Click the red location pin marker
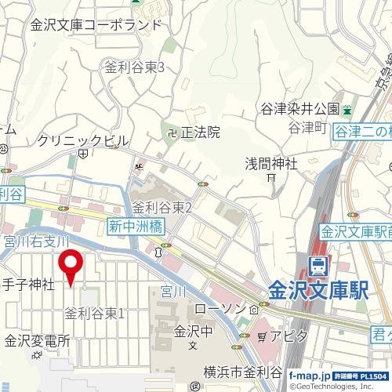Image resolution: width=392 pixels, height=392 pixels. [72, 267]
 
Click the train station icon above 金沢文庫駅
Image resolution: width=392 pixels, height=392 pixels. [318, 267]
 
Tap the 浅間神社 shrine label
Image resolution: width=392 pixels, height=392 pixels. [271, 164]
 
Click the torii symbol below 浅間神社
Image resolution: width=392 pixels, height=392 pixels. [270, 178]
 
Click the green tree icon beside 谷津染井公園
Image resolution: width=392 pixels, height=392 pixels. [347, 108]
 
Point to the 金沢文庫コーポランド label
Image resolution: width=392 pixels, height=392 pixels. [96, 25]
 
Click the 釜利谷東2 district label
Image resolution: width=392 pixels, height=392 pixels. [162, 207]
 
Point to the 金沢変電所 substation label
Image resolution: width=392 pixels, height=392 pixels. [37, 341]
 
